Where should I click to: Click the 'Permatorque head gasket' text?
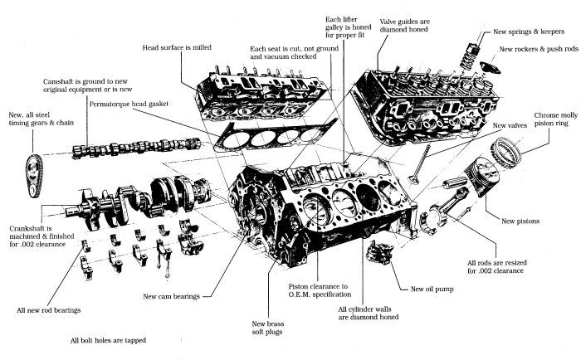tap(131, 105)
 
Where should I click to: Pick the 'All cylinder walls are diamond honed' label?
tap(374, 313)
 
